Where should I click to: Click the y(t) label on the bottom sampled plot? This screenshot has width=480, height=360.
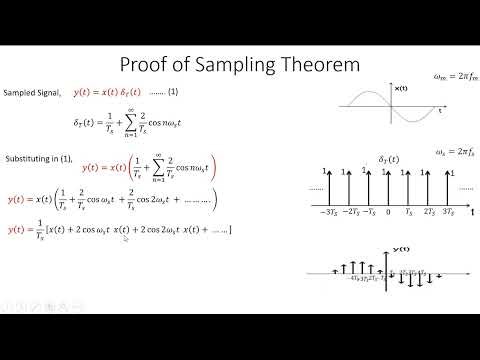tap(400, 248)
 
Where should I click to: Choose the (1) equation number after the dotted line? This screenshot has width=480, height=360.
tap(172, 92)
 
